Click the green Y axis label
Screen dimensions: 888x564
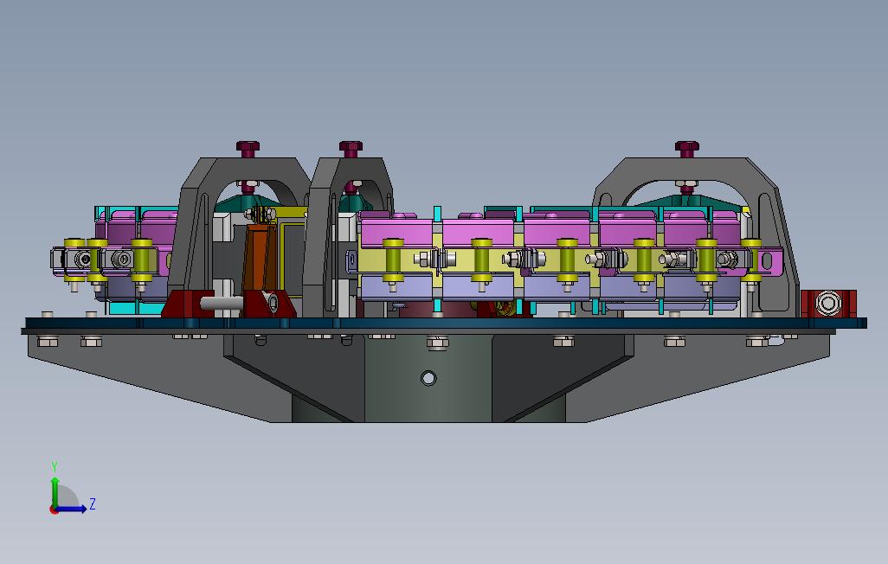coord(55,467)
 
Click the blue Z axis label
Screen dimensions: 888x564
coord(93,503)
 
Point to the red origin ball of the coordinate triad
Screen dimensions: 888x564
coord(54,510)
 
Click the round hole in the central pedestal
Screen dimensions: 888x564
coord(428,378)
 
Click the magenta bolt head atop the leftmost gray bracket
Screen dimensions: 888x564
coord(248,149)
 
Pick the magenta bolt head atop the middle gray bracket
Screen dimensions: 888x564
coord(351,149)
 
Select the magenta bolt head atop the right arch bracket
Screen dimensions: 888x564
coord(687,149)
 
